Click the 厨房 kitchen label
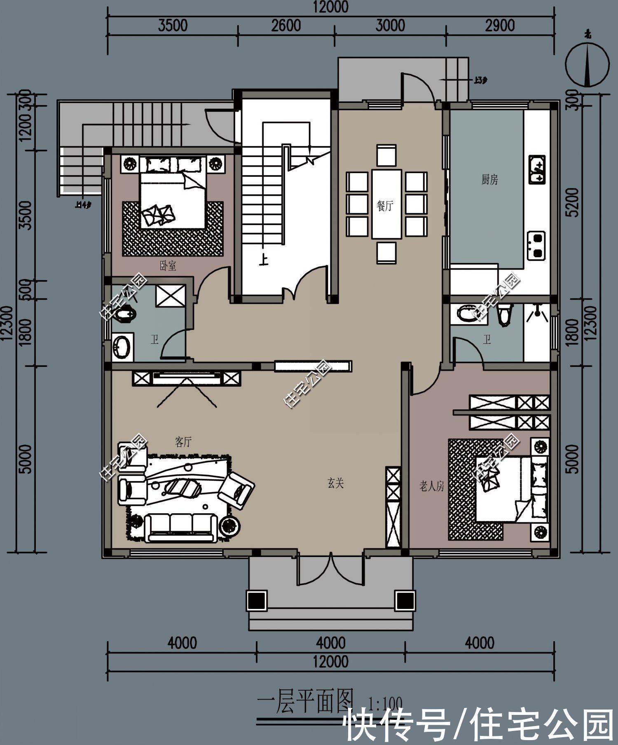click(489, 180)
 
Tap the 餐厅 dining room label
click(385, 205)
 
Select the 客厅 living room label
click(183, 442)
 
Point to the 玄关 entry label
click(336, 483)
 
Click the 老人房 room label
click(431, 486)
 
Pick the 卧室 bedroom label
click(168, 266)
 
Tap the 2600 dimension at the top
click(286, 26)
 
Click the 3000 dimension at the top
click(390, 26)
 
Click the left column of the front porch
click(257, 600)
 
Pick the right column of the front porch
click(405, 600)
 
